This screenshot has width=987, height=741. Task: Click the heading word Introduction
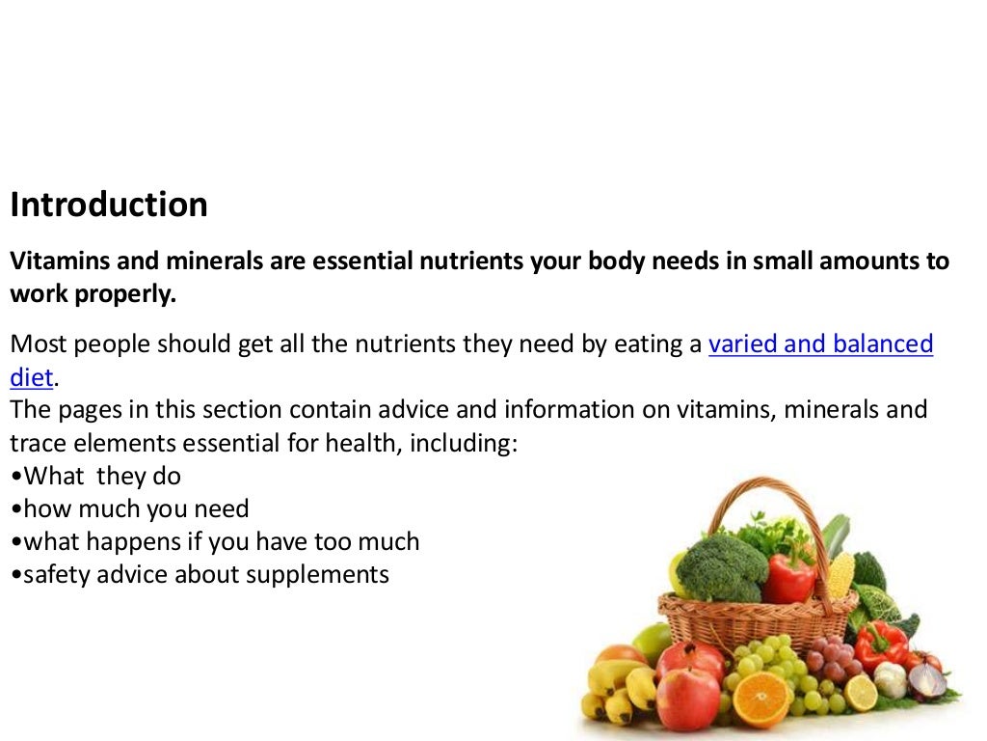point(109,205)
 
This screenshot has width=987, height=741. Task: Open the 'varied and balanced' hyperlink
point(820,344)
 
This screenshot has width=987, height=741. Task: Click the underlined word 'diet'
point(32,376)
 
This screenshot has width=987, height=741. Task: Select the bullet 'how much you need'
point(136,508)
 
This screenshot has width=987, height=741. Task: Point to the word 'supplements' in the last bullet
point(317,574)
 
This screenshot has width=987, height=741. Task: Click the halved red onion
point(928,680)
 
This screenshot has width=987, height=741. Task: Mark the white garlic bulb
point(891,678)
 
